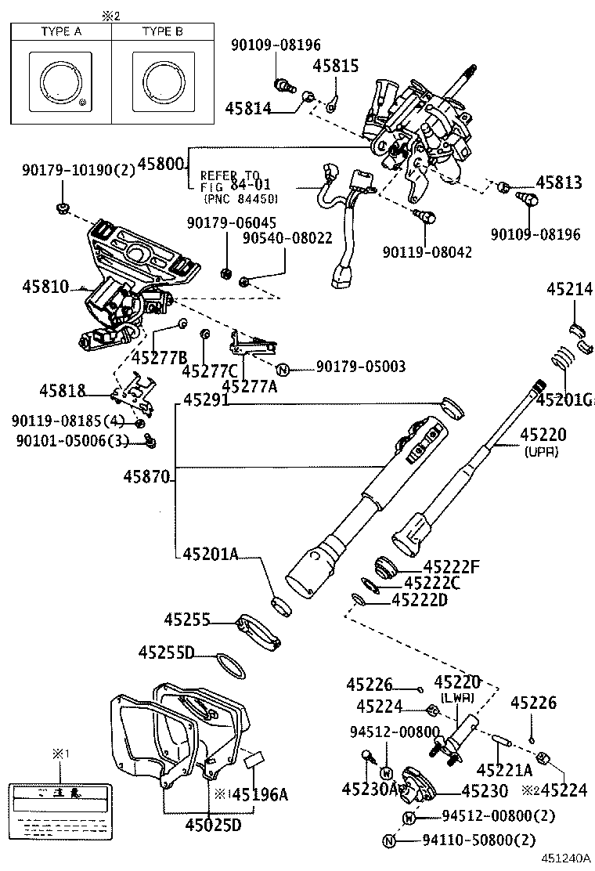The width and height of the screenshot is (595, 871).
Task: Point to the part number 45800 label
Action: [x=160, y=164]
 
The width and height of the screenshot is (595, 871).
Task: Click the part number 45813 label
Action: [x=559, y=183]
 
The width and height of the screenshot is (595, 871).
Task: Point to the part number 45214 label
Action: [x=569, y=290]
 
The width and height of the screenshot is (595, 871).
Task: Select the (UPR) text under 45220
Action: [x=541, y=452]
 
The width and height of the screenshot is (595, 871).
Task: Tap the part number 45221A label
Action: [x=504, y=768]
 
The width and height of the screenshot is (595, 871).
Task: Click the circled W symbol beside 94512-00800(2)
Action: [x=409, y=818]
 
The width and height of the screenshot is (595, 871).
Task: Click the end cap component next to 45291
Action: [x=451, y=407]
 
